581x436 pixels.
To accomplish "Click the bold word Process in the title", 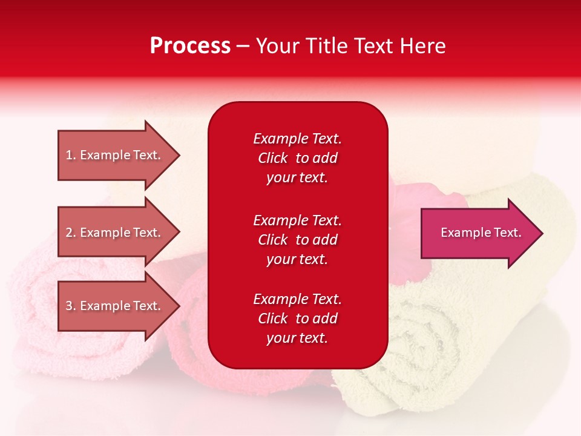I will click(x=190, y=46).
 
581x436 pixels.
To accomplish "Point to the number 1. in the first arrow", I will click(x=70, y=155).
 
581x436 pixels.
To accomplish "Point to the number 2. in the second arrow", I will click(x=70, y=233).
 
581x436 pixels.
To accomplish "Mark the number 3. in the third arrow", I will click(x=70, y=306).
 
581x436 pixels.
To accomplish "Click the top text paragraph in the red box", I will click(x=297, y=158).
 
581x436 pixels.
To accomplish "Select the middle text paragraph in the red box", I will click(x=297, y=240).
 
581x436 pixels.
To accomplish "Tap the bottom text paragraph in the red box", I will click(x=297, y=319).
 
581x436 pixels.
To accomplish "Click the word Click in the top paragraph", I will click(x=272, y=158).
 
